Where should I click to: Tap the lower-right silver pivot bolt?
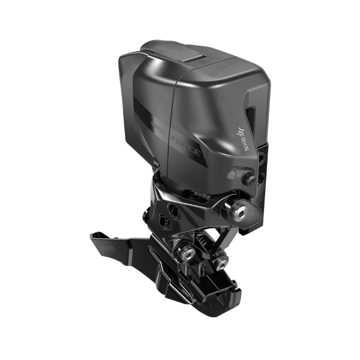point(223,262)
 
